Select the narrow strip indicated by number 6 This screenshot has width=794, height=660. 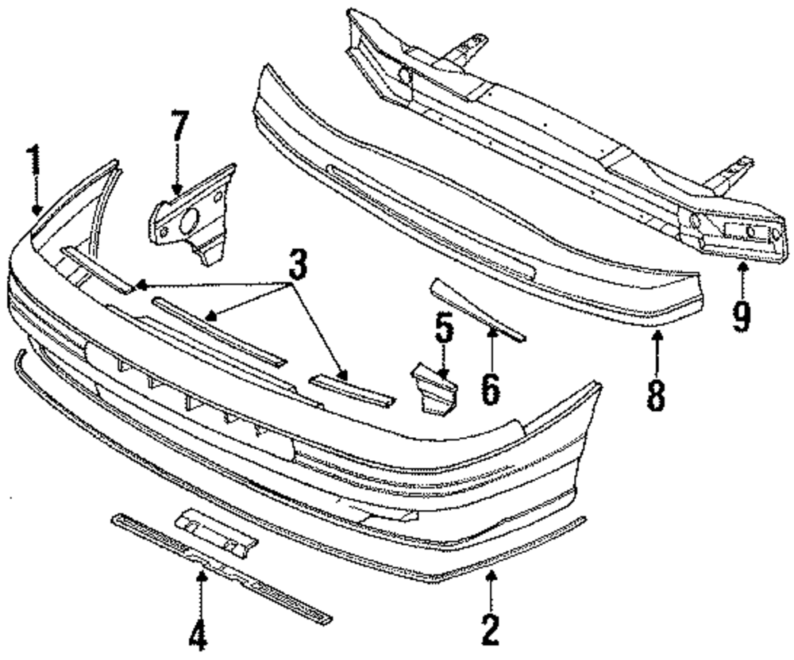(x=476, y=309)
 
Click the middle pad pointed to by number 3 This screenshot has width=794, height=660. (x=218, y=328)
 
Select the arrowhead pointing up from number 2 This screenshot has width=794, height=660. (x=491, y=577)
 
